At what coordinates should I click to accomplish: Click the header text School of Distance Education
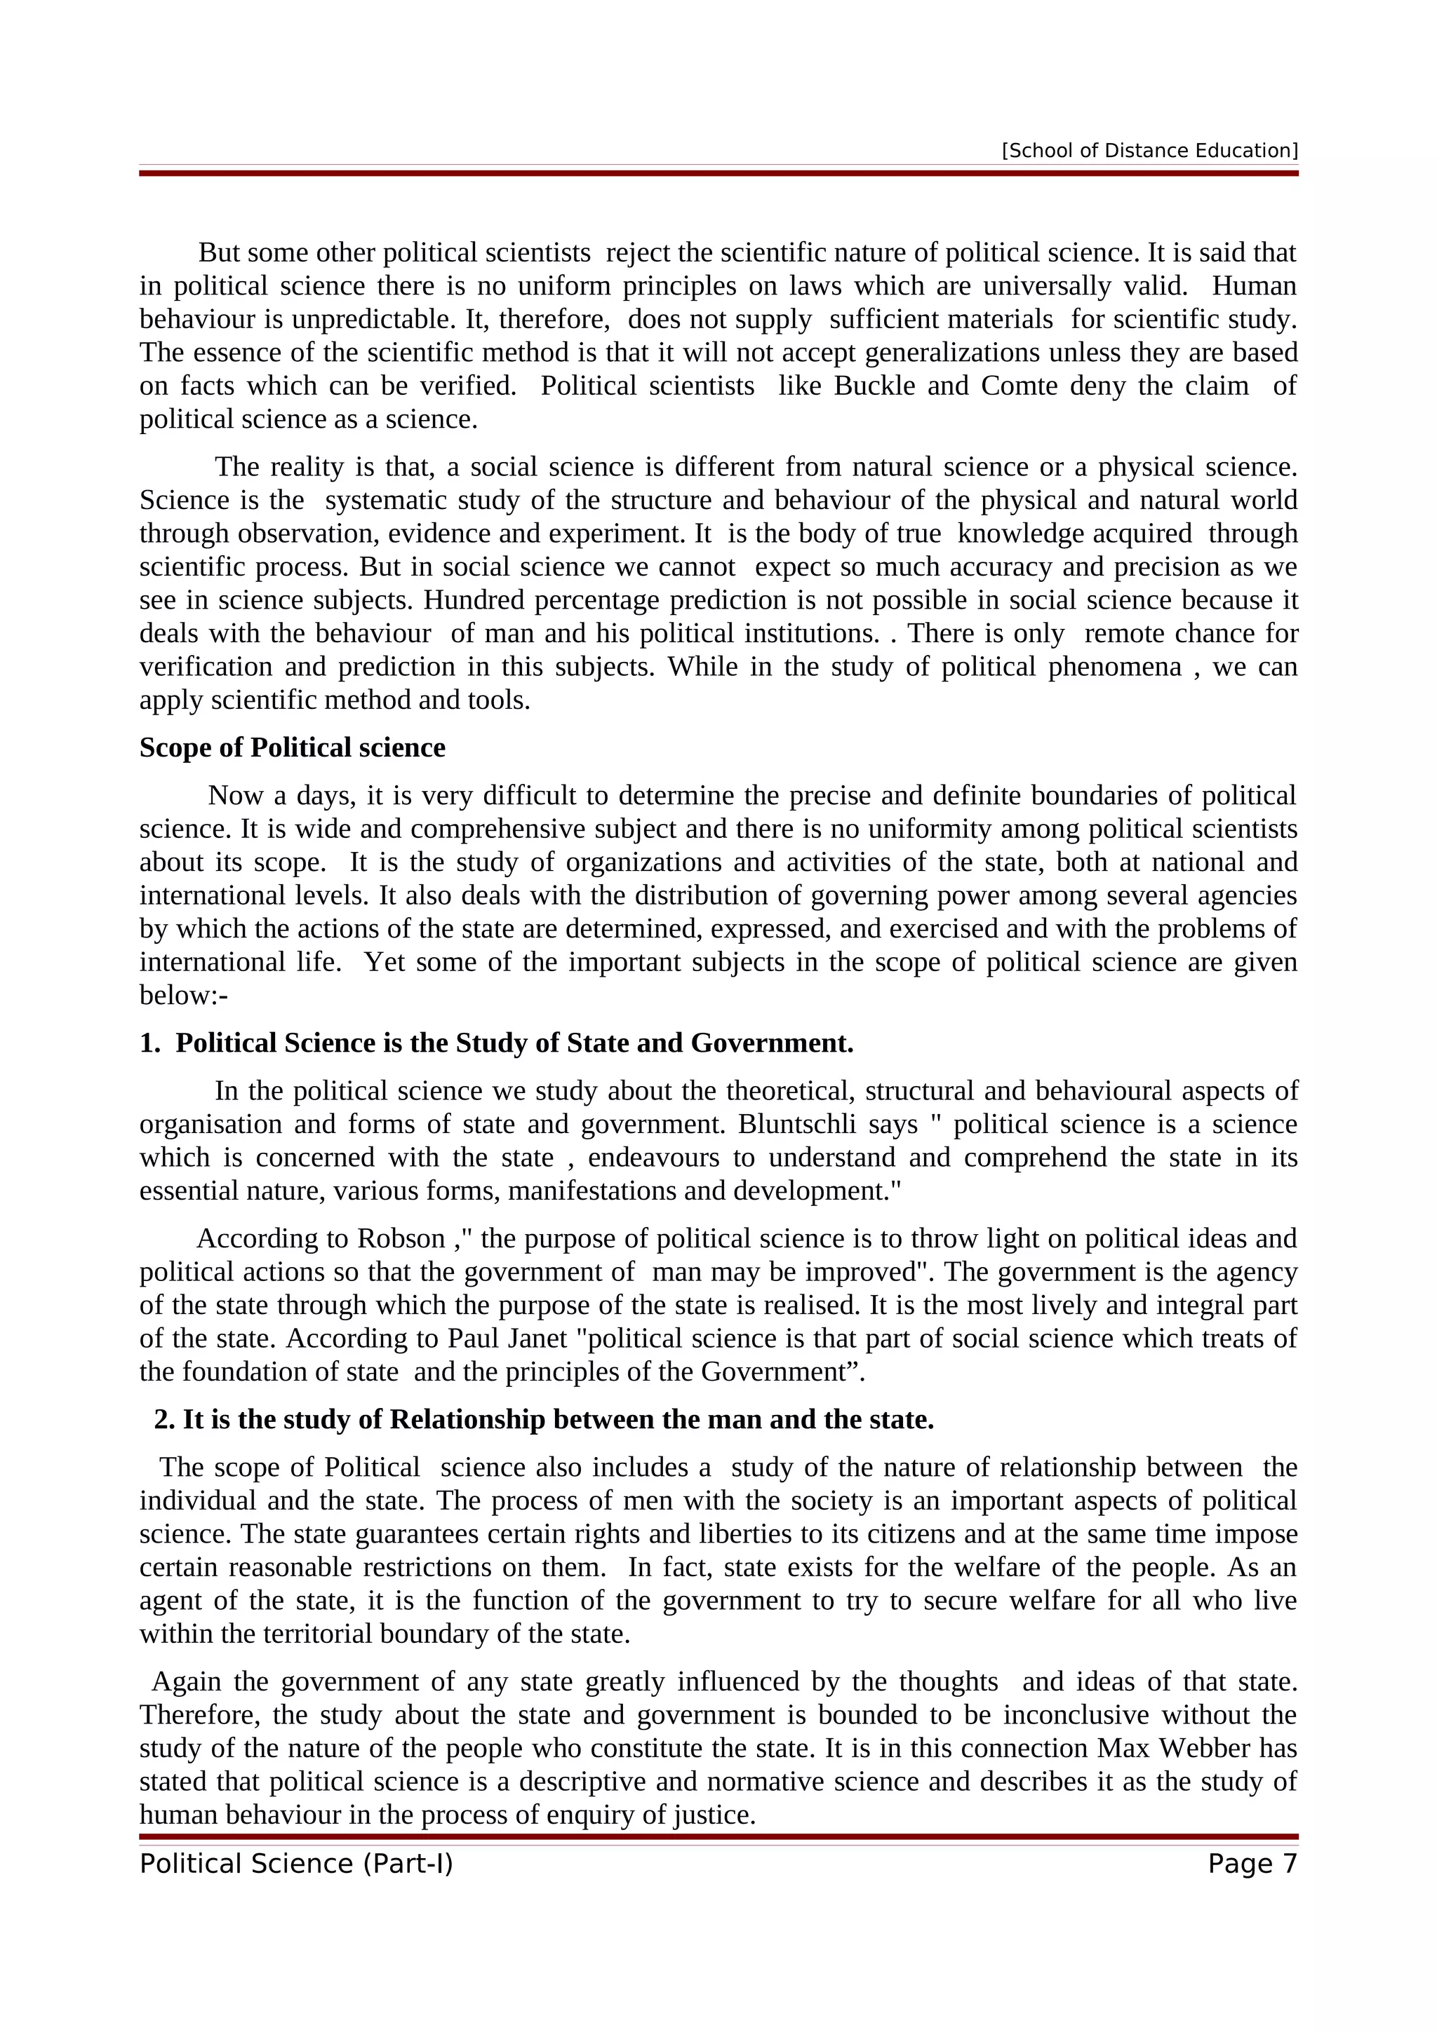(1149, 151)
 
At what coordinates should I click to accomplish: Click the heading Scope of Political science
(292, 748)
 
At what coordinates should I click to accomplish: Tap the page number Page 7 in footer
(1252, 1864)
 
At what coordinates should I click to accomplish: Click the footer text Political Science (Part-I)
(295, 1864)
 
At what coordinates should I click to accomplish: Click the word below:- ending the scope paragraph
(183, 996)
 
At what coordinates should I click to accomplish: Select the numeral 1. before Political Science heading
(149, 1043)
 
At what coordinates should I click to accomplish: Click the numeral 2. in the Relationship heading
(165, 1420)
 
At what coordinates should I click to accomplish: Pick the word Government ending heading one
(771, 1043)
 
